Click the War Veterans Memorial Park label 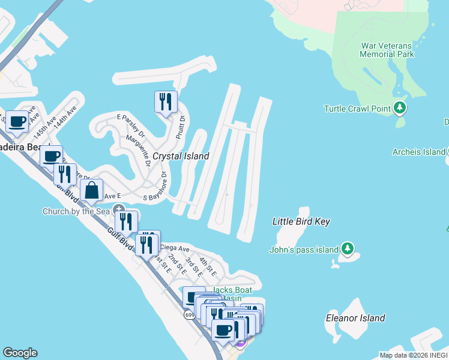[387, 50]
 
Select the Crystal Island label [181, 156]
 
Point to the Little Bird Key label [301, 221]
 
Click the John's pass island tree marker [347, 248]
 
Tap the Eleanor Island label [355, 317]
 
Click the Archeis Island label [418, 152]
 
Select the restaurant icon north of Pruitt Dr [165, 101]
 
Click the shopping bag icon [91, 191]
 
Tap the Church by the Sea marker [114, 210]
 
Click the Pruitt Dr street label [179, 127]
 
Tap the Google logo [20, 353]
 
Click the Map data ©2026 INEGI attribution [413, 355]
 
